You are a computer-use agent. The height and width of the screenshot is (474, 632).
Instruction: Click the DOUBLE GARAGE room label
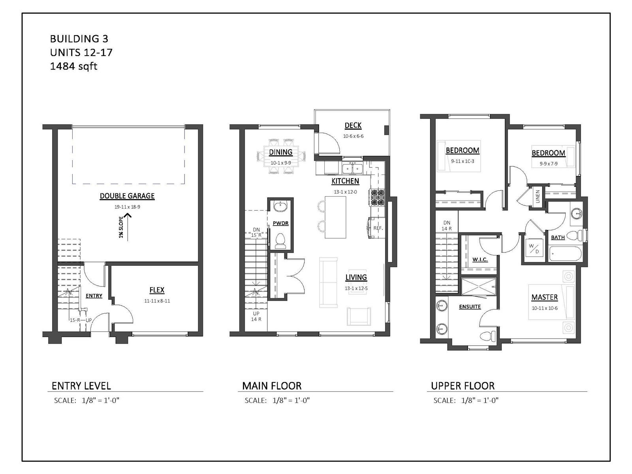(127, 196)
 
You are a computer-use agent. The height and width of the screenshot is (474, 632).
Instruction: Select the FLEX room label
(157, 290)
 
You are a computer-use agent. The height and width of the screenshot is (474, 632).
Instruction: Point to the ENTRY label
(94, 295)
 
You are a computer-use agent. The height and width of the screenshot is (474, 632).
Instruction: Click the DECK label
(353, 126)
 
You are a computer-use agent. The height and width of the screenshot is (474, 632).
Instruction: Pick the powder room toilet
(280, 241)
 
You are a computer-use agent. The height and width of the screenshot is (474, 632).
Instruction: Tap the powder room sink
(280, 207)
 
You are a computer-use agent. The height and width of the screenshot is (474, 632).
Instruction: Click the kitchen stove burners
(377, 197)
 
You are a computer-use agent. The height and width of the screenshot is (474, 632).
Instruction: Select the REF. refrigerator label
(378, 228)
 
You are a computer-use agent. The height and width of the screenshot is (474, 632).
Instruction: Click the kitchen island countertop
(335, 217)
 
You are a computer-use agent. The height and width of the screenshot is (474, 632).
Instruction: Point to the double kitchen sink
(352, 168)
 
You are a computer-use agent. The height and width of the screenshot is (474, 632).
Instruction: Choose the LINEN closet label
(538, 197)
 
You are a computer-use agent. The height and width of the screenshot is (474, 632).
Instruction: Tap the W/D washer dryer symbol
(534, 249)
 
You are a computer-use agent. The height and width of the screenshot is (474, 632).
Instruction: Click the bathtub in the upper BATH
(565, 254)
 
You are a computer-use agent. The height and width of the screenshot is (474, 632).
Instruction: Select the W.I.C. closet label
(480, 260)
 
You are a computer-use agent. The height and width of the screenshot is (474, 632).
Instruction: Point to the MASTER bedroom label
(544, 297)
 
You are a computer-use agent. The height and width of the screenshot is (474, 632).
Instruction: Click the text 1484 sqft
(74, 66)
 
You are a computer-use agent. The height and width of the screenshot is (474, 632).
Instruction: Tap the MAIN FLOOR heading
(271, 386)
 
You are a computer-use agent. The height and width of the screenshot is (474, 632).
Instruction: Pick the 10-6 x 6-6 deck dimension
(353, 136)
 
